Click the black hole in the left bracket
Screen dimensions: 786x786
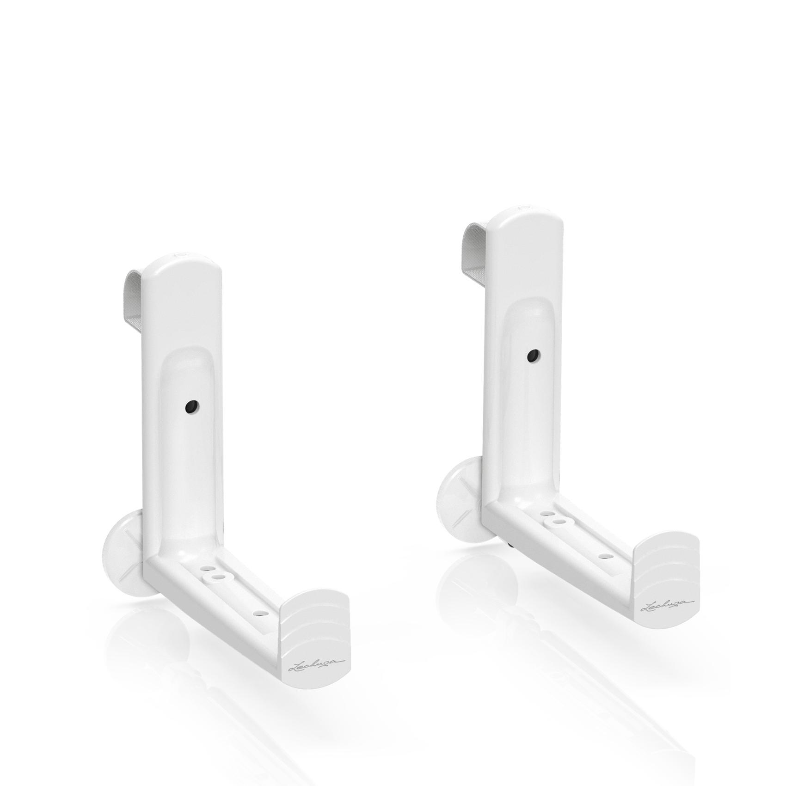coord(190,406)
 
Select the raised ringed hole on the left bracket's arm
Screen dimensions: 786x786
coord(216,577)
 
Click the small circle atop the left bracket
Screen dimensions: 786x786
coord(178,254)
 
